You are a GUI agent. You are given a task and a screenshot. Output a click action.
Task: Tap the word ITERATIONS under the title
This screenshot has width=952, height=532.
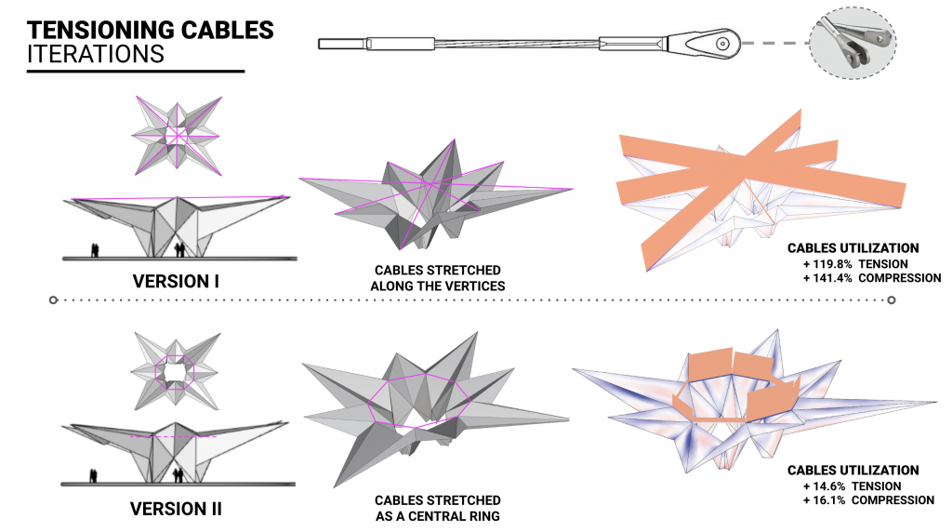tap(96, 54)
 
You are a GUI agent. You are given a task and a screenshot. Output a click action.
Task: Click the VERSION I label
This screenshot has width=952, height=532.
tap(176, 280)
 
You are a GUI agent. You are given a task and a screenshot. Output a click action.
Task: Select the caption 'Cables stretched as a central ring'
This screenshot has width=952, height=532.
tap(437, 508)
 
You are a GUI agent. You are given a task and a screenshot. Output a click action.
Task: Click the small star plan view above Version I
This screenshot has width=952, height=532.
tap(177, 136)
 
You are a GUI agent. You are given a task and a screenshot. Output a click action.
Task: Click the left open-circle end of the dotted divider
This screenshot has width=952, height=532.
tap(53, 300)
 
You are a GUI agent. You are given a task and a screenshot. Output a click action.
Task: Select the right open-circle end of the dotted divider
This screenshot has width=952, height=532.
tap(892, 300)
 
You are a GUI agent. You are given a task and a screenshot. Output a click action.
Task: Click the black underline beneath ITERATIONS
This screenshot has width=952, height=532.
tap(136, 72)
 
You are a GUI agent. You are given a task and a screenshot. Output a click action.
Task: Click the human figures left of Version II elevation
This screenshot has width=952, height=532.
tap(93, 476)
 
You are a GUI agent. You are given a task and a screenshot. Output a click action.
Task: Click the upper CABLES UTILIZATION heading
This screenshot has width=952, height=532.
tap(853, 248)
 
